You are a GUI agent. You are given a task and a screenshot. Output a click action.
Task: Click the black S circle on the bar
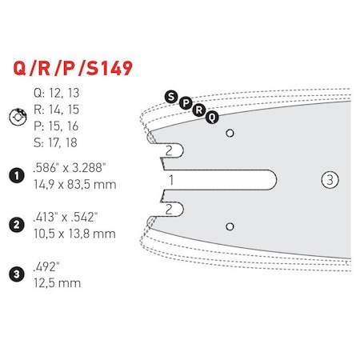(x=170, y=98)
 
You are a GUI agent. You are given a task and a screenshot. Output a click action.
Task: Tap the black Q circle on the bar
(x=211, y=117)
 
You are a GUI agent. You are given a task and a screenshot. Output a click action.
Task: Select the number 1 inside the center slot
(x=169, y=180)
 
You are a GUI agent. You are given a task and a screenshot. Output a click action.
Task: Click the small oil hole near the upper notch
(x=230, y=132)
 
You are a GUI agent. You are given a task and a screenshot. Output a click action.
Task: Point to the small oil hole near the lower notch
(x=230, y=226)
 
